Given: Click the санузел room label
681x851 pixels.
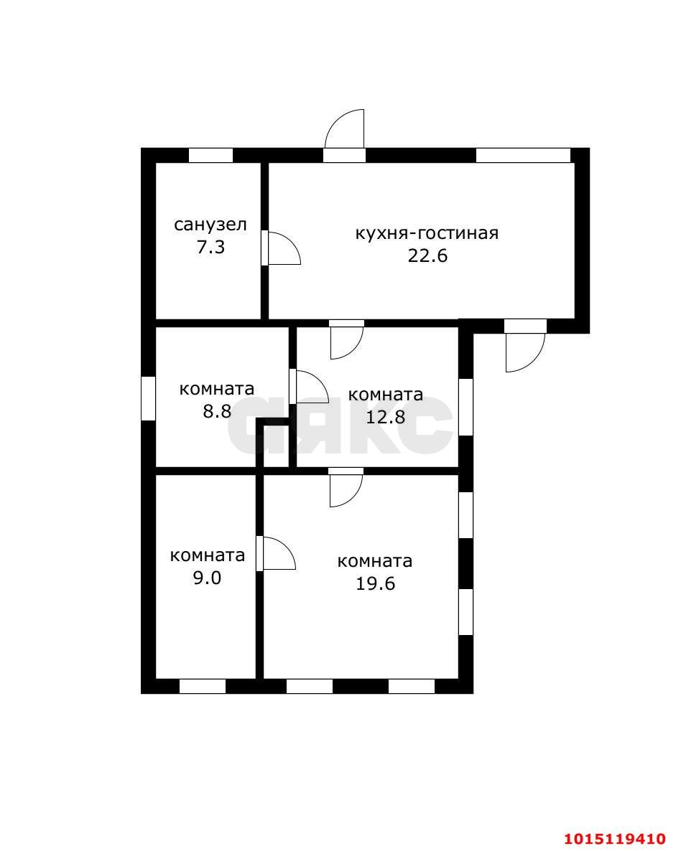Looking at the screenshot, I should [x=210, y=225].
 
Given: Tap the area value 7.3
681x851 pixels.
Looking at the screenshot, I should [x=210, y=248].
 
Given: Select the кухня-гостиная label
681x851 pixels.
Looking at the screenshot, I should [x=427, y=233].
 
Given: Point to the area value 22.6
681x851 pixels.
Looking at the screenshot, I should [x=427, y=255].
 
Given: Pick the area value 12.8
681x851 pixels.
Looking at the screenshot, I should [x=385, y=417].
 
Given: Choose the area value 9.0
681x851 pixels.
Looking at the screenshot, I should [x=207, y=578].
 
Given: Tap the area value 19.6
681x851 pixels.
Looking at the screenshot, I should [x=375, y=583].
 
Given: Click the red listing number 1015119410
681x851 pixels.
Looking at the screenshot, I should [x=614, y=838].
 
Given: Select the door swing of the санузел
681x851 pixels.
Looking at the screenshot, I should [x=281, y=248].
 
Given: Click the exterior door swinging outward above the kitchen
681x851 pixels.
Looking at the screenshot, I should [x=346, y=133].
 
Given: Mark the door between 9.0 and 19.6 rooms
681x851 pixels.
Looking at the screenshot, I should [x=277, y=553].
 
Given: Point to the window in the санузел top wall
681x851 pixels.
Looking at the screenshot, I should [x=210, y=155].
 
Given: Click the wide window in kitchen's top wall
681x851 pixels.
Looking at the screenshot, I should [x=523, y=155].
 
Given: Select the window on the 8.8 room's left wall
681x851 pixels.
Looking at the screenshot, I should [x=148, y=398].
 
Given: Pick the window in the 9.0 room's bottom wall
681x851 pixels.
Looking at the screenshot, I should [x=202, y=686].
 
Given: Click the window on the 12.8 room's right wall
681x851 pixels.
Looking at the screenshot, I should [x=465, y=406].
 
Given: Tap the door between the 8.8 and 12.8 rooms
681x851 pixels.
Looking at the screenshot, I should [x=307, y=387].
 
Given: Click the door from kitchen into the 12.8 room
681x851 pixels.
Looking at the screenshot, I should [x=346, y=339].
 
